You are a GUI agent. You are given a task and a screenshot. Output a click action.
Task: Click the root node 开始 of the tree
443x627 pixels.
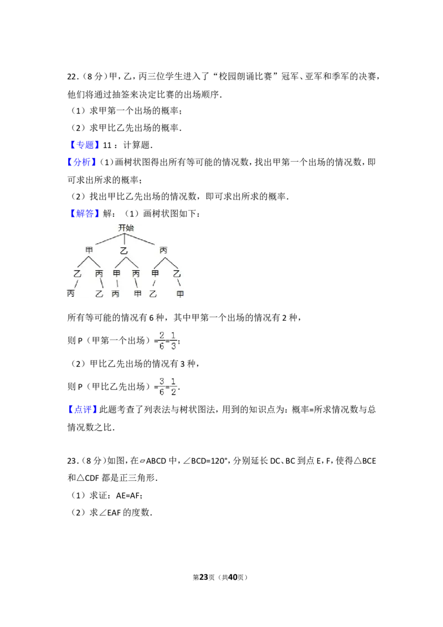(x=126, y=228)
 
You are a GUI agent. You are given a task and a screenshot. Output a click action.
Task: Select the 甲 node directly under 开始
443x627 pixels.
(x=89, y=250)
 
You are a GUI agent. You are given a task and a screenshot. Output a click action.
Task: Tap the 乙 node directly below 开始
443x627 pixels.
(x=124, y=251)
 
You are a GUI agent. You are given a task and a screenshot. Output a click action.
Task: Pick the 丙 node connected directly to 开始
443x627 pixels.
(x=163, y=250)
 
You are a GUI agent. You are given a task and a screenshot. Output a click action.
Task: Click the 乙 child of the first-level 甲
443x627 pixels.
(x=78, y=273)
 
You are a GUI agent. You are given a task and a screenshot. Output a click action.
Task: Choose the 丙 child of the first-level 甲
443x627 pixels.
(x=99, y=273)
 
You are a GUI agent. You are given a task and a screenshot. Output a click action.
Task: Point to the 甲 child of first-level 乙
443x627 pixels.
(x=117, y=273)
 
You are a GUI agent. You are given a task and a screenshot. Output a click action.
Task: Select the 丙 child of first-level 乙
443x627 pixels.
(x=136, y=273)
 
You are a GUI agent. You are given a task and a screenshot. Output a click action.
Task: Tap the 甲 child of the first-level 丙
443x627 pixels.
(x=156, y=273)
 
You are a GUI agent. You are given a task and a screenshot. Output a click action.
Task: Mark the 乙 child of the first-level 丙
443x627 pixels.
(x=177, y=273)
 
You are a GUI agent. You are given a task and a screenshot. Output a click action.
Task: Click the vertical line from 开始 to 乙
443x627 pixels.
(x=124, y=239)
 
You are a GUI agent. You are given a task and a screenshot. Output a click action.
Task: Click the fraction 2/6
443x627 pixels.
(x=162, y=341)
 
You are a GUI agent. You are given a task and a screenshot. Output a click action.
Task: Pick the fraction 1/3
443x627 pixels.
(x=174, y=341)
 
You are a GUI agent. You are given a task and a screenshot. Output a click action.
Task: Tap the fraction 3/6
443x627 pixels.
(x=162, y=386)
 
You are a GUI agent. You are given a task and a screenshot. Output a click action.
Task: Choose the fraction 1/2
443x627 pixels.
(x=174, y=386)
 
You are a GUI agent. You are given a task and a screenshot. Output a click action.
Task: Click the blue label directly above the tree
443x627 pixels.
(x=86, y=214)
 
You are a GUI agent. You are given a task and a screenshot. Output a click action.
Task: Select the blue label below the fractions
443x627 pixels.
(x=82, y=410)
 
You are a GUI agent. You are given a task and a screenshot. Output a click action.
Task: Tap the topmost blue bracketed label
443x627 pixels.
(x=86, y=145)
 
